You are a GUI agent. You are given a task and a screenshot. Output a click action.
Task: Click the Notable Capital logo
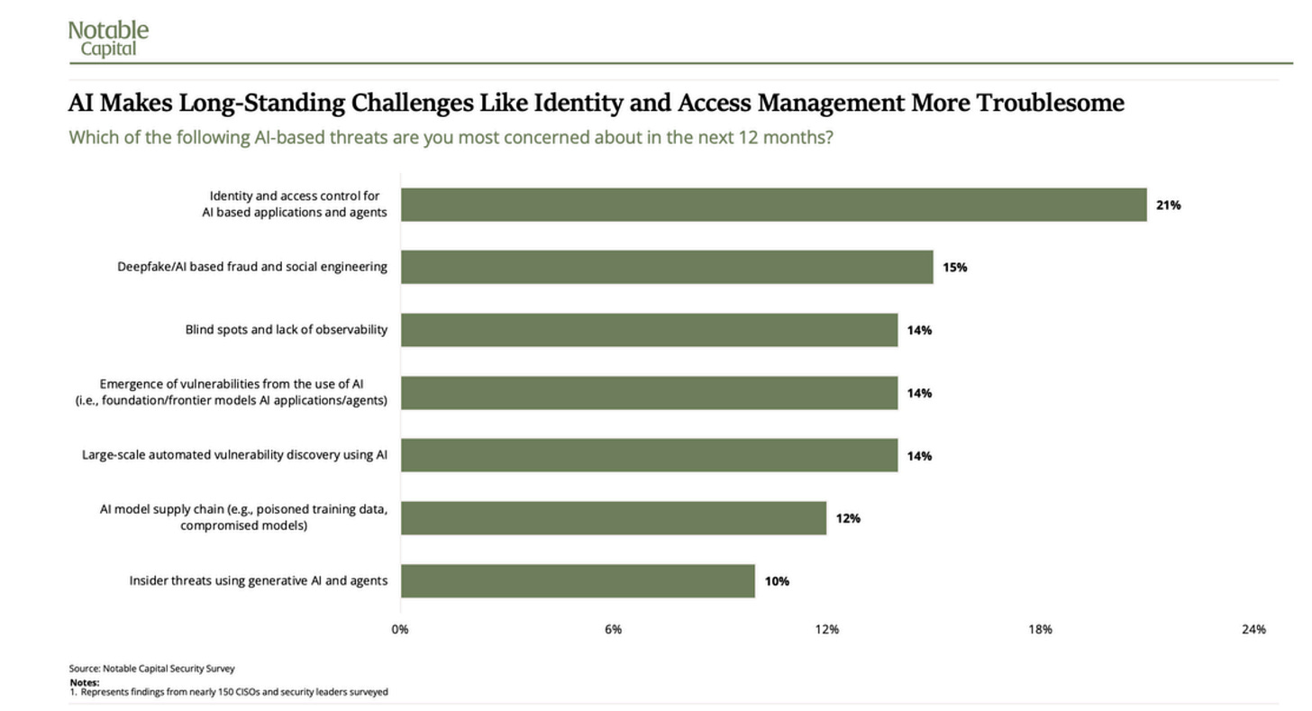[108, 39]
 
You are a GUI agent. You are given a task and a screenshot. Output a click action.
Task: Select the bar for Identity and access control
[774, 205]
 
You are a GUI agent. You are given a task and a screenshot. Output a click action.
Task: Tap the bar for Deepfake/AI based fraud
[667, 267]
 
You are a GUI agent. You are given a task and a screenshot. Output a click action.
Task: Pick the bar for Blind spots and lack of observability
[649, 330]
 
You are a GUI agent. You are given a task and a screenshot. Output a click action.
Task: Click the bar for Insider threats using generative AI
[579, 581]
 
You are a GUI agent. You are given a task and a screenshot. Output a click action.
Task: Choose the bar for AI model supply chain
[614, 518]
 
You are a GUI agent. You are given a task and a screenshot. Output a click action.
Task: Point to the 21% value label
[1169, 205]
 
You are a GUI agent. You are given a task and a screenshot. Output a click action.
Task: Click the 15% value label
[955, 268]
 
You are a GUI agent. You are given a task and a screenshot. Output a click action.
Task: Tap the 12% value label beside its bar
[848, 518]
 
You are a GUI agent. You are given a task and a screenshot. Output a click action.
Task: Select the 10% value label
[777, 581]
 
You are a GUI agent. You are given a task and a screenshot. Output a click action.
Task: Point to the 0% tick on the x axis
[400, 629]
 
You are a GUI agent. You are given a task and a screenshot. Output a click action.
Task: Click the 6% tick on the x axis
[614, 629]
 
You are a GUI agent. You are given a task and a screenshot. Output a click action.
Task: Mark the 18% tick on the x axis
[1040, 629]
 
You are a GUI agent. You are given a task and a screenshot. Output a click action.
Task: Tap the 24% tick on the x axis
[1253, 629]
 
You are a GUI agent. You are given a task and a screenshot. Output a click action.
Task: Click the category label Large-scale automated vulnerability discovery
[234, 455]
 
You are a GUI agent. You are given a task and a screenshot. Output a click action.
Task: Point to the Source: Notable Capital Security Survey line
[151, 669]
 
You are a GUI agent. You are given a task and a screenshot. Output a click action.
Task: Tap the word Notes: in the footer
[85, 682]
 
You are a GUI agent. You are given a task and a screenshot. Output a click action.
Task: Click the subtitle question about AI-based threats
[451, 138]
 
